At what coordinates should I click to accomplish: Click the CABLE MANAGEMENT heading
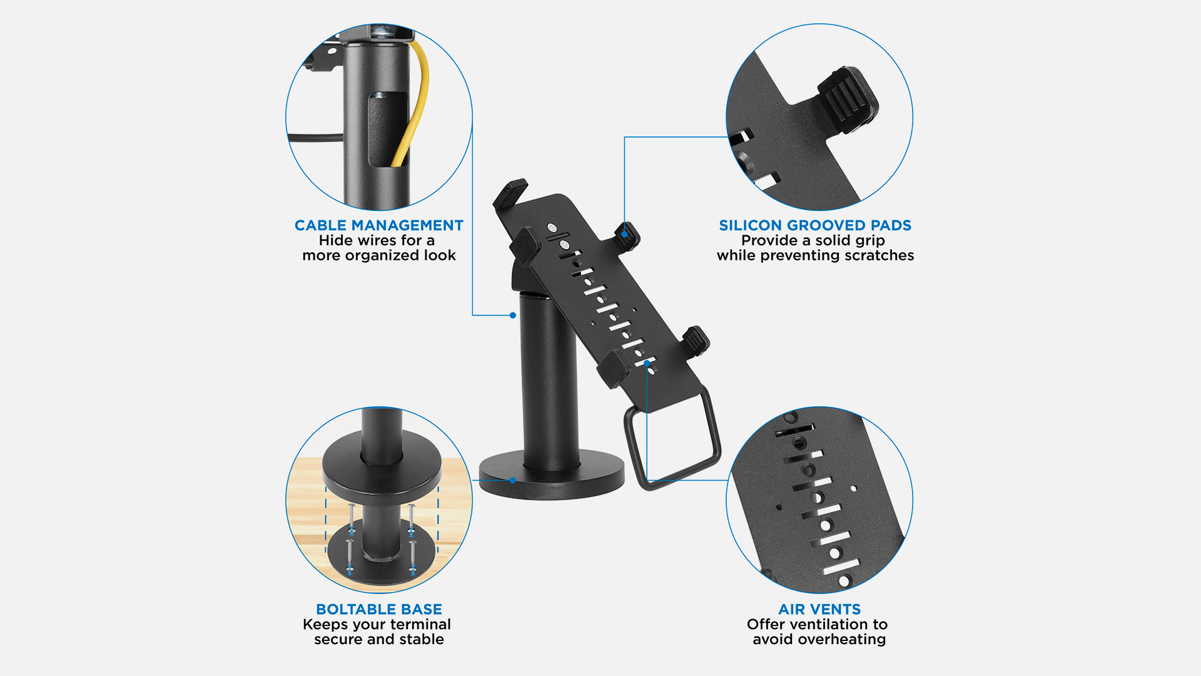[x=378, y=225]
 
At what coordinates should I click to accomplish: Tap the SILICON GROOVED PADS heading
[x=815, y=225]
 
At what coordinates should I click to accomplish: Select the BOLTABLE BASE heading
[x=379, y=609]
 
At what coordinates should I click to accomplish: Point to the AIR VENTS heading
[x=819, y=609]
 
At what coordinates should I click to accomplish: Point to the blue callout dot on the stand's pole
[x=513, y=315]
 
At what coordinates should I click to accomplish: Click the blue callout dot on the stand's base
[x=513, y=480]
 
